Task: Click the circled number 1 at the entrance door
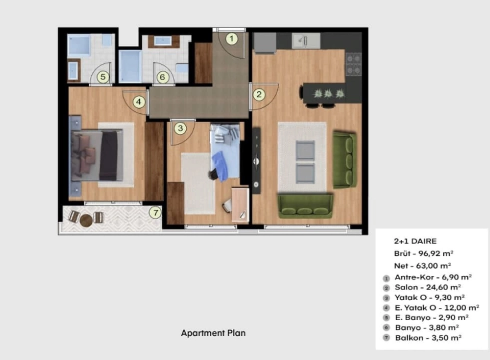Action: click(232, 39)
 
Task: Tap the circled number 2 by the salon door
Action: click(259, 94)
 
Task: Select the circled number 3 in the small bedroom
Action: click(180, 128)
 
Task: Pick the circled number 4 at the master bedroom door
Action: click(139, 102)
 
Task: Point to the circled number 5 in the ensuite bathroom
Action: click(103, 77)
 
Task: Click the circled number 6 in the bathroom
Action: click(162, 77)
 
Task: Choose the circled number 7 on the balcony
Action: click(155, 212)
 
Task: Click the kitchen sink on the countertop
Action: click(306, 41)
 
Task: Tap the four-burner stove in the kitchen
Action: click(353, 64)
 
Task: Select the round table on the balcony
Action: click(86, 220)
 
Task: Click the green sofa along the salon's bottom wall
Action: click(305, 206)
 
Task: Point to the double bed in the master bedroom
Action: click(97, 156)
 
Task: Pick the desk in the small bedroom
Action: click(240, 205)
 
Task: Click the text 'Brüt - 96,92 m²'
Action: click(424, 253)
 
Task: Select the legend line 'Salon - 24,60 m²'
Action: click(428, 287)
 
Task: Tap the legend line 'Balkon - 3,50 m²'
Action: click(428, 338)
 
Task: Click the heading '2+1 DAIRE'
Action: click(415, 241)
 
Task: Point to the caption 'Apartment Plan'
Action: click(213, 333)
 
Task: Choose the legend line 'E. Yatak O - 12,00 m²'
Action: click(437, 308)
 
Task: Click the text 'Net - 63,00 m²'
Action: click(423, 266)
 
